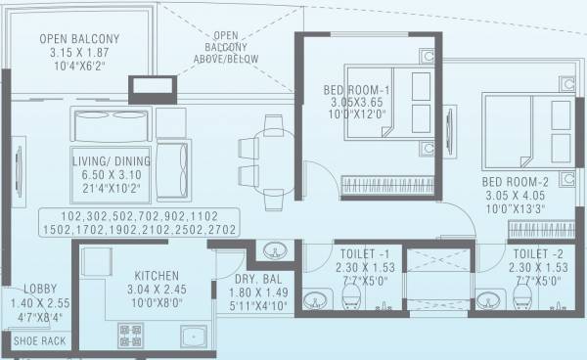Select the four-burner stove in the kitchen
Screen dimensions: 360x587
pos(130,336)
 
